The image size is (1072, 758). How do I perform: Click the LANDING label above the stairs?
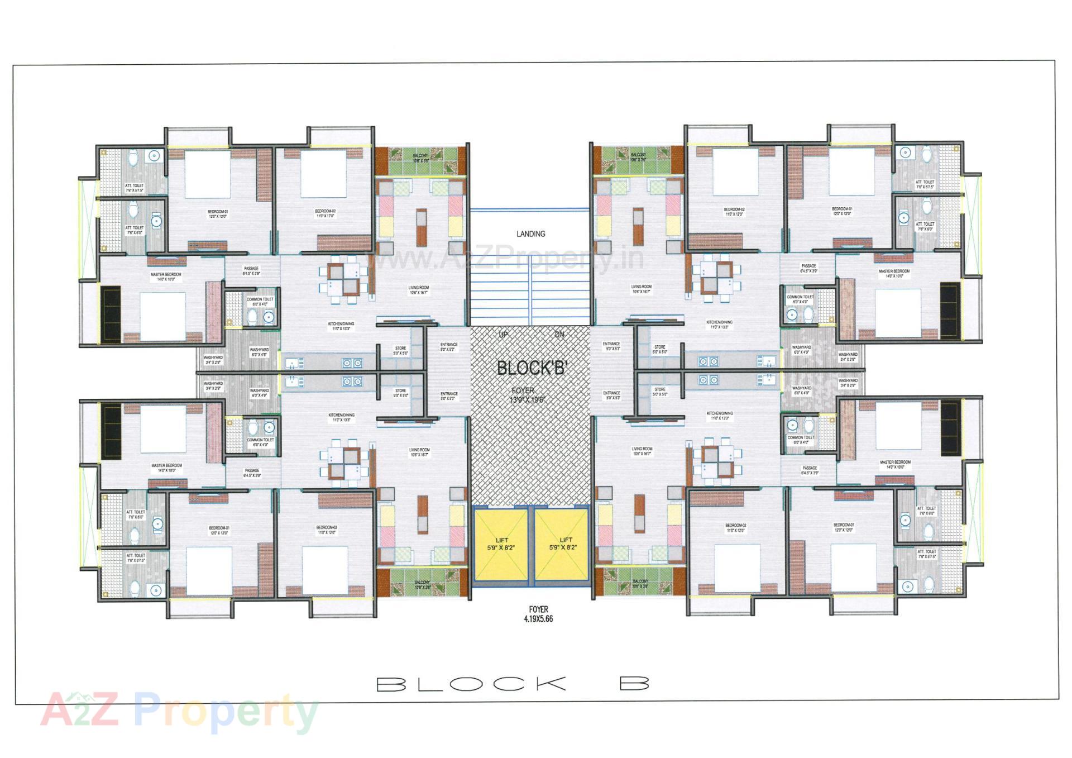tap(530, 233)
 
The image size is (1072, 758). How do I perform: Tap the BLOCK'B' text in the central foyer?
tap(532, 368)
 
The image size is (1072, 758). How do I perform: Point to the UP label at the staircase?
tap(503, 335)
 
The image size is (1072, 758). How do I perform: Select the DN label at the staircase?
tap(559, 335)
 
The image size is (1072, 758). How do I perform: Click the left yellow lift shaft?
tap(501, 545)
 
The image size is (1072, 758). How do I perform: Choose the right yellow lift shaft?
tap(562, 545)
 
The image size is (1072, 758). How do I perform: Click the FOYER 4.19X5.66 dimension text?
tap(539, 614)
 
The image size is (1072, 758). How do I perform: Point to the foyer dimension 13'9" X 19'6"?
tap(527, 399)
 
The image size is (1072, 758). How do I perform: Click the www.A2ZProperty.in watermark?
tap(505, 259)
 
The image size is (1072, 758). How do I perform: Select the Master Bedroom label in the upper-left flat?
tap(166, 276)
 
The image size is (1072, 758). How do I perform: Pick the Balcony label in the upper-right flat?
tap(638, 157)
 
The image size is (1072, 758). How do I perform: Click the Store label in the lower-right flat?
tap(660, 392)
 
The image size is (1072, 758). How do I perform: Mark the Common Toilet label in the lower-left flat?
tap(261, 442)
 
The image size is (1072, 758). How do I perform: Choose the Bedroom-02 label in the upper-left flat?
tap(326, 213)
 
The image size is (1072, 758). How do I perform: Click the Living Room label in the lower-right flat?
tap(642, 451)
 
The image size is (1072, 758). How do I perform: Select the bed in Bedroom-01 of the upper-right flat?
tap(851, 170)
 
